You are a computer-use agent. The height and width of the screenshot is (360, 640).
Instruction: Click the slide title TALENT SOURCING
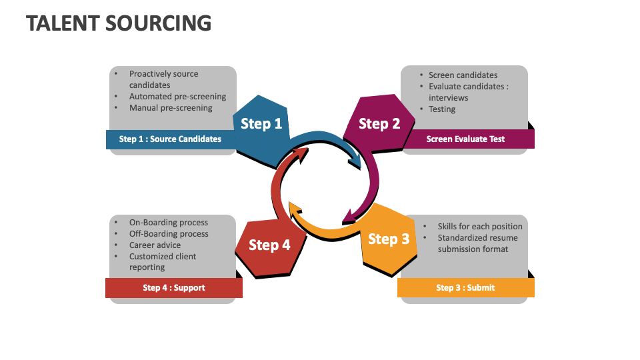pos(119,23)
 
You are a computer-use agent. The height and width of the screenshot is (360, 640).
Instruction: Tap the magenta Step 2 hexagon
pos(379,123)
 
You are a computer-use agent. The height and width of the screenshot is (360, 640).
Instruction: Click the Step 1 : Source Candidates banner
pos(170,139)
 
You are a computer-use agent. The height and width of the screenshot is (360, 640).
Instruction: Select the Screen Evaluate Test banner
pos(465,139)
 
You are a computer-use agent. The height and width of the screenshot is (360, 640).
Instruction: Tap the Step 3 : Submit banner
pos(465,287)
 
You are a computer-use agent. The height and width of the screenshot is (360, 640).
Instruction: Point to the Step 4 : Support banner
pos(173,288)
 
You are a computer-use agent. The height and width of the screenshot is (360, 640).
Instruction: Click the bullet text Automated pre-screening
pos(177,97)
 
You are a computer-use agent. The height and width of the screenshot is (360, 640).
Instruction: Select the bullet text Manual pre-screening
pos(171,108)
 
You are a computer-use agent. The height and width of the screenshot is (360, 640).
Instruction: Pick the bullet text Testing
pos(442,109)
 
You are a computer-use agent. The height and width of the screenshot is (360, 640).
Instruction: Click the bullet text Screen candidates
pos(463,75)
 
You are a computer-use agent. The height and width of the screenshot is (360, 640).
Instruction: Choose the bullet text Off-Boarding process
pos(169,234)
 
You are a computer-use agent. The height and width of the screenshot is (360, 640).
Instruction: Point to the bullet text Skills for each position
pos(480,227)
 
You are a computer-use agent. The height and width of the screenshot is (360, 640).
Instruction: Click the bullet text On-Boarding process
pos(169,223)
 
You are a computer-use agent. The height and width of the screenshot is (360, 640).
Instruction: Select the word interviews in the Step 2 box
pos(448,98)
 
